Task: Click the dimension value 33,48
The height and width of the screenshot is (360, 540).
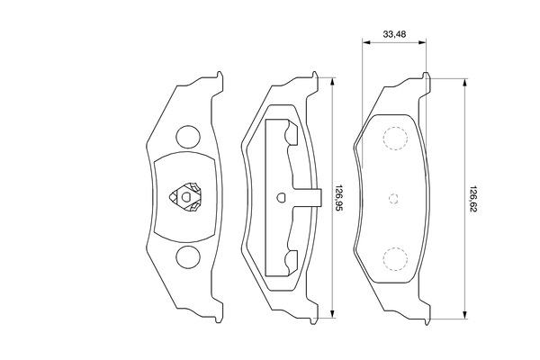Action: pyautogui.click(x=394, y=34)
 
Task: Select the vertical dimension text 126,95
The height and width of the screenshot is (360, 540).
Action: pyautogui.click(x=339, y=195)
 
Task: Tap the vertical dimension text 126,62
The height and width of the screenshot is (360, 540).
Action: pyautogui.click(x=471, y=196)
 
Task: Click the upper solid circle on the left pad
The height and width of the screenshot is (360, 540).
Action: pyautogui.click(x=187, y=136)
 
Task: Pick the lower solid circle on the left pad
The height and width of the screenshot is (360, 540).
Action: pyautogui.click(x=187, y=256)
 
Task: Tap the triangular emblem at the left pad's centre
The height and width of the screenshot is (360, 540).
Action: pyautogui.click(x=187, y=196)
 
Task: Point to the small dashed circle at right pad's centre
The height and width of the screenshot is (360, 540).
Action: pyautogui.click(x=392, y=198)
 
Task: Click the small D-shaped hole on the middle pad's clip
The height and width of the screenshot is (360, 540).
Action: pyautogui.click(x=282, y=197)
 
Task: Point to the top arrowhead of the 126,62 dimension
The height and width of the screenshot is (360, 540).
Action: pyautogui.click(x=463, y=81)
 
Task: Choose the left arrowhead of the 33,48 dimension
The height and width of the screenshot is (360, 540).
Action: pyautogui.click(x=365, y=41)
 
